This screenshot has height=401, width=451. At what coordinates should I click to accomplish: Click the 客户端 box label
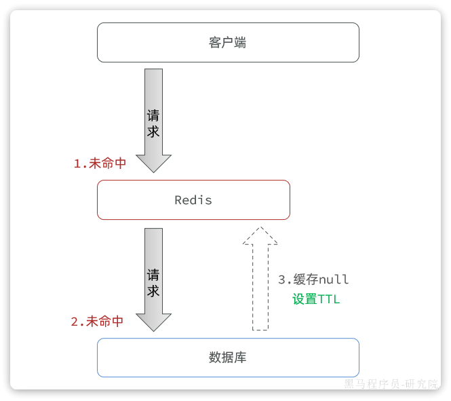227,43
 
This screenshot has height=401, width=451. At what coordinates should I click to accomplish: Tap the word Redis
193,200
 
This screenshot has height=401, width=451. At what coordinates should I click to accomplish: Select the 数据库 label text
228,358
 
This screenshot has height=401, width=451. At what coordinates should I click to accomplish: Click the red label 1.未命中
100,164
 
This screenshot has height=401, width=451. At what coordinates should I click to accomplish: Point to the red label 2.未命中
97,322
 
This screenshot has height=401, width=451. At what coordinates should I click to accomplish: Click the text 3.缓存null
313,280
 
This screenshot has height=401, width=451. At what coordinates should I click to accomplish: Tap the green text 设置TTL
316,299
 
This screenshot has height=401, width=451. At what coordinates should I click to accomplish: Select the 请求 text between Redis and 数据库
154,283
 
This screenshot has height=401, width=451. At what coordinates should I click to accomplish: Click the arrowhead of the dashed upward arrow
260,235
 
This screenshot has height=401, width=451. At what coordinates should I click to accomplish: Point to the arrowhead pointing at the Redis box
154,163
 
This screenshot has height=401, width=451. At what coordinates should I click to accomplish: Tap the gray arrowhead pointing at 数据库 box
154,322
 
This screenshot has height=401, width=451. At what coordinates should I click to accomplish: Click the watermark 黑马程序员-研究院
391,385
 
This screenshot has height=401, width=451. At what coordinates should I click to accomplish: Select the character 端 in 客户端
240,43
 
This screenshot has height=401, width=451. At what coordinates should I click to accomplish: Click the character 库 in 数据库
240,358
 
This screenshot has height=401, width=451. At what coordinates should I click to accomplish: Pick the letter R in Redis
178,200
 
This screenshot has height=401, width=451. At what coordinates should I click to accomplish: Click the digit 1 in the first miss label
77,164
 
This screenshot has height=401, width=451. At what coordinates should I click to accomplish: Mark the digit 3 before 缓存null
282,280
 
